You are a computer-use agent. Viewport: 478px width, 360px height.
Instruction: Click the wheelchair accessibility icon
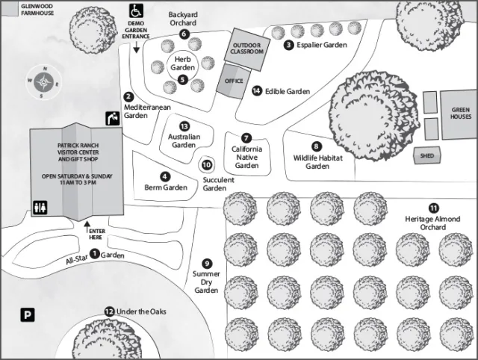point(136,10)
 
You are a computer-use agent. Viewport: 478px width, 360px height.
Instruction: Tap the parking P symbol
point(27,316)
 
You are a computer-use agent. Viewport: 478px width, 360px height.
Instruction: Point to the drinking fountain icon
point(112,118)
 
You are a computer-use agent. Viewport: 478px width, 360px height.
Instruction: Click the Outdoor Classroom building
point(247,46)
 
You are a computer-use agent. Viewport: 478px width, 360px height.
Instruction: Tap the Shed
point(427,155)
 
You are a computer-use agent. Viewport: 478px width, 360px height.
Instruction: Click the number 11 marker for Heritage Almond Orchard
point(433,207)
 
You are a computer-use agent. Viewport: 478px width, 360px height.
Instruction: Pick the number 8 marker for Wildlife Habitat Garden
point(316,146)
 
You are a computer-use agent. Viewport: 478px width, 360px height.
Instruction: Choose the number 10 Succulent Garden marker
point(208,164)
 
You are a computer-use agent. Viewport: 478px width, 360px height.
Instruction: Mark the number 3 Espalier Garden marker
point(288,45)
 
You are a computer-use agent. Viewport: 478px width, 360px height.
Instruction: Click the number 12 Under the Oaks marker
point(109,311)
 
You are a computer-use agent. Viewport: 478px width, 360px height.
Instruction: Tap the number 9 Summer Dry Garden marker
point(207,263)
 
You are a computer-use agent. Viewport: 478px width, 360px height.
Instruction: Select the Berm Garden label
point(165,187)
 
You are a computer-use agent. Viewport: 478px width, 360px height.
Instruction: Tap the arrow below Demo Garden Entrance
point(137,49)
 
